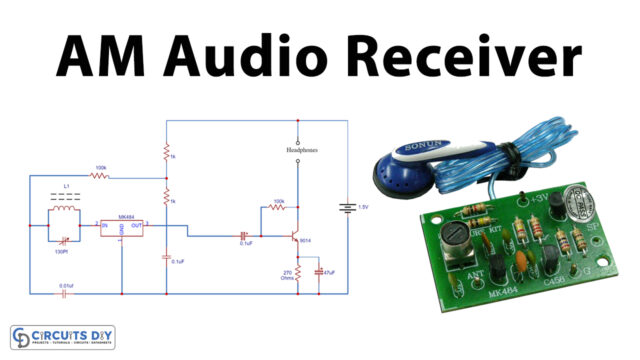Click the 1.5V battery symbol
coord(347,209)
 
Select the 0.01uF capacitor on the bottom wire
coord(66,295)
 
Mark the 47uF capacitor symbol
coord(319,271)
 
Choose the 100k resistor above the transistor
coord(277,208)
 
